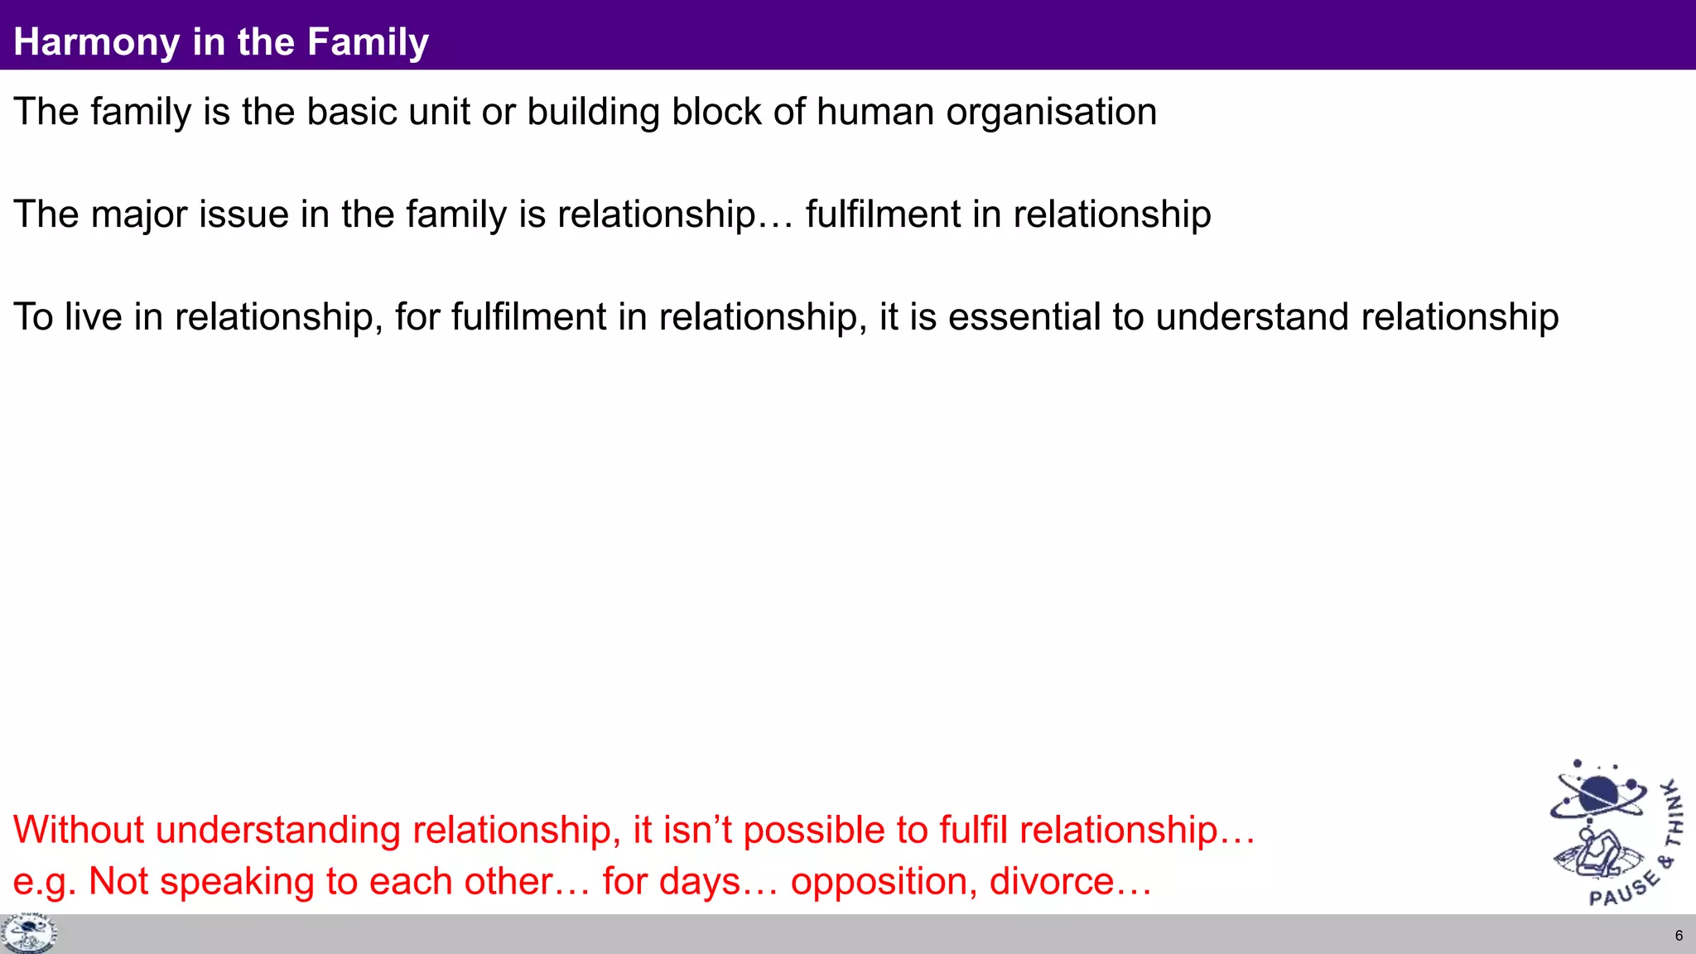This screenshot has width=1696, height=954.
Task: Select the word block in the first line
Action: [x=716, y=112]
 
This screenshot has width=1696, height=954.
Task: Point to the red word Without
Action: [x=79, y=830]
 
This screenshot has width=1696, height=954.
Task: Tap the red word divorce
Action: [x=1051, y=881]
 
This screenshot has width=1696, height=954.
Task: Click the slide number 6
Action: [x=1679, y=936]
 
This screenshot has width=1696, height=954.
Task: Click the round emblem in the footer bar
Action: [x=29, y=933]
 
